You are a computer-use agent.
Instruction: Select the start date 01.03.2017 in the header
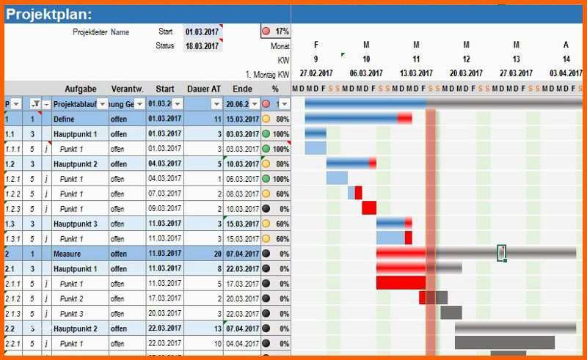coord(202,32)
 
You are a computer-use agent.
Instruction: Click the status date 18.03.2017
coord(202,46)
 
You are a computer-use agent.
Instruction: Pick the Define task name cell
coord(64,119)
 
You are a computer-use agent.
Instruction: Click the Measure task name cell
coord(67,254)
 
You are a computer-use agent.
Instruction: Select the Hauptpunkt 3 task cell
coord(75,224)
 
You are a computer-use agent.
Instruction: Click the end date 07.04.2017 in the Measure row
coord(241,254)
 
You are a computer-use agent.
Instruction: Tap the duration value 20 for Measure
coord(216,254)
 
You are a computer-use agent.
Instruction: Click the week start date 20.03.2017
coord(467,74)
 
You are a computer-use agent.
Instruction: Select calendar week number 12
coord(467,59)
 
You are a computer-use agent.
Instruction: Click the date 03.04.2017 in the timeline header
coord(566,74)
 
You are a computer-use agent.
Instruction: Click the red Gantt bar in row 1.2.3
coord(369,208)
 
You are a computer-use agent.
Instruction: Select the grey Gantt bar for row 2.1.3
coord(451,313)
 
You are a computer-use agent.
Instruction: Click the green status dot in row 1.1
coord(266,133)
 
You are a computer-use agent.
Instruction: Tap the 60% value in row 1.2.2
coord(282,194)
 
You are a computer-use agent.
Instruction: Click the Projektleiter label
coord(90,32)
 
